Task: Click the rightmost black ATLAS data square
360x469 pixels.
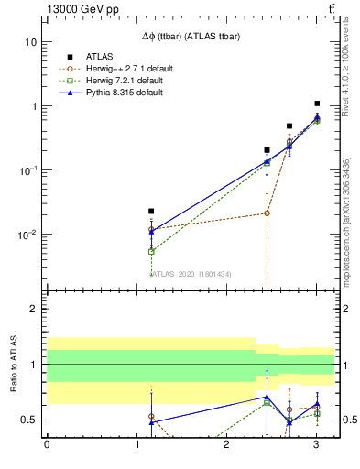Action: (x=317, y=104)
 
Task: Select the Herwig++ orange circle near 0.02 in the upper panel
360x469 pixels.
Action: (x=267, y=213)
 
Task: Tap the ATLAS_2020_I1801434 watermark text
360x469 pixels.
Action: (x=191, y=274)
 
